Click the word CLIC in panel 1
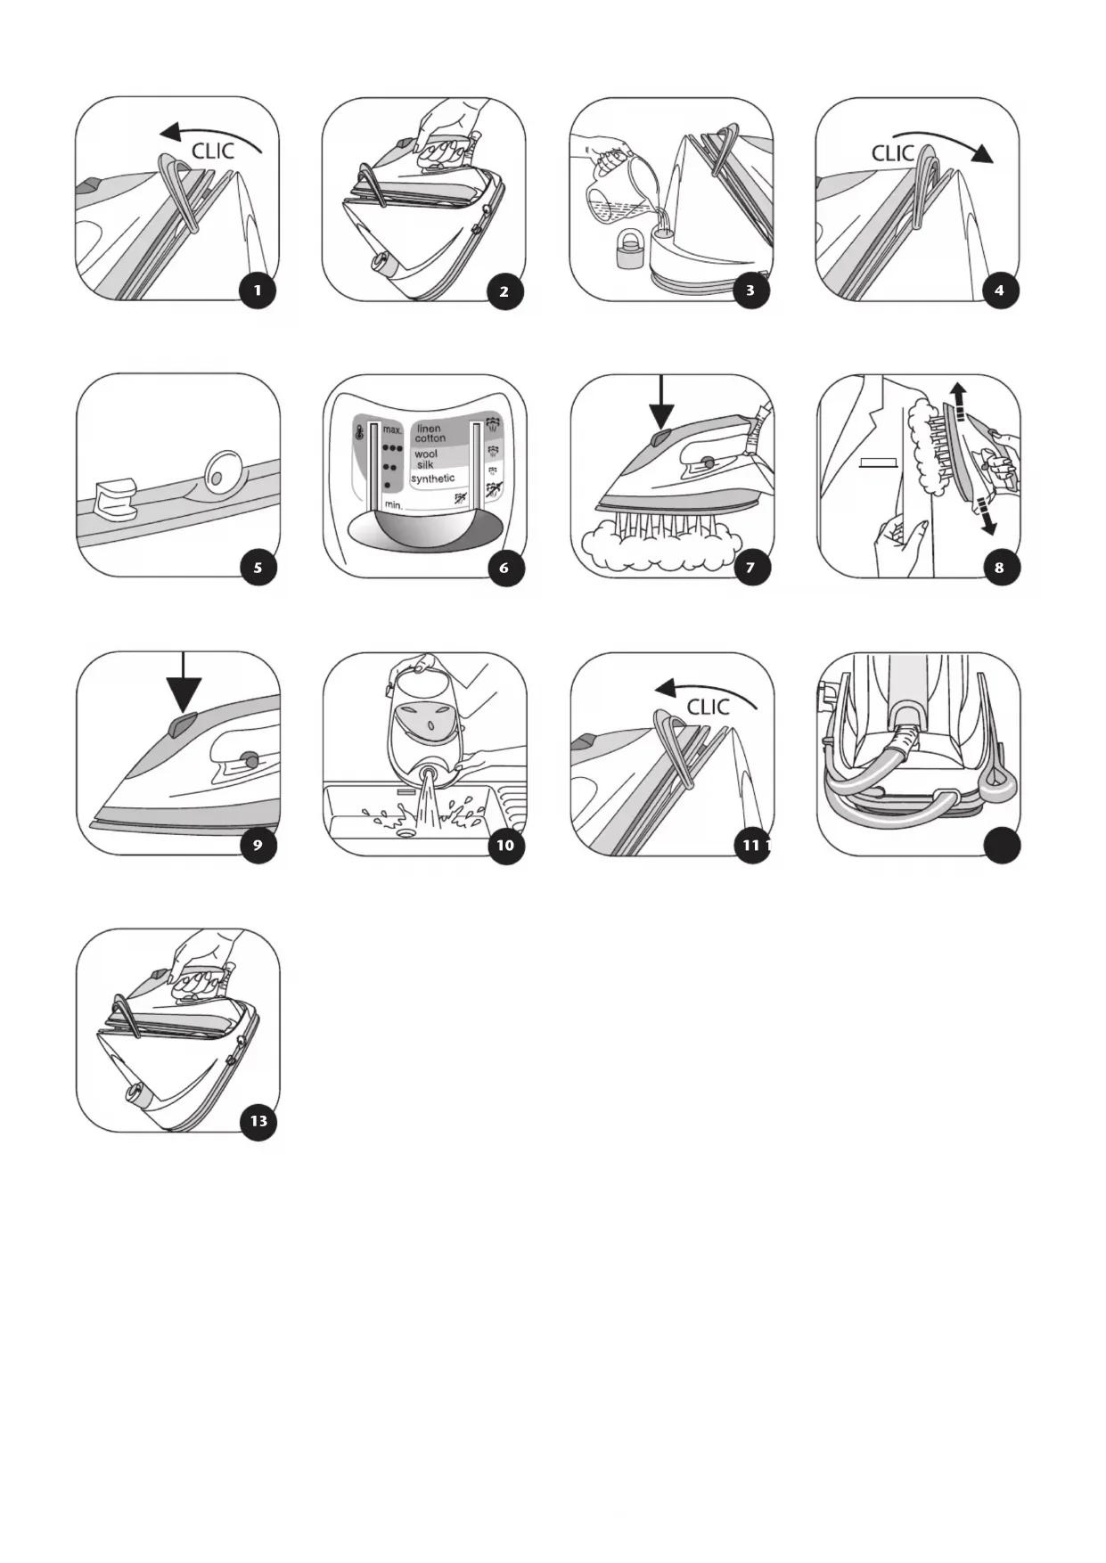pos(212,151)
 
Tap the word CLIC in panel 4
pos(893,153)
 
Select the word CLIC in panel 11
pos(708,707)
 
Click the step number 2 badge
pos(504,291)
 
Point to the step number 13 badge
pos(258,1121)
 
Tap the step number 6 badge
pos(504,568)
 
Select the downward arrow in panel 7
pos(661,401)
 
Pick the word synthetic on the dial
pos(432,479)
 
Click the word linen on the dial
pos(429,429)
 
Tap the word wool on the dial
pos(426,454)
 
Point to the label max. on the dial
pos(393,430)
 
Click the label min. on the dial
pos(394,505)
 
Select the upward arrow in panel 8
pos(957,401)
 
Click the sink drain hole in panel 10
pos(407,831)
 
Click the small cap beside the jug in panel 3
pos(629,249)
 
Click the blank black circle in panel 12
pos(1002,845)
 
